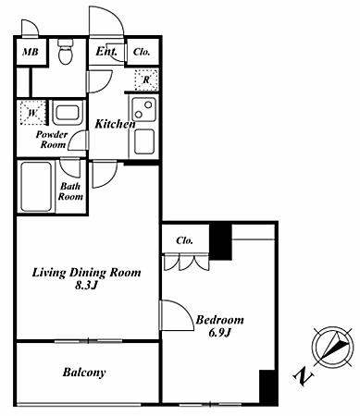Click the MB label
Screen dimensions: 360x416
31,52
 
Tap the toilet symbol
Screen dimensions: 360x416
66,52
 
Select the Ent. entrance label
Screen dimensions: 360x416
106,51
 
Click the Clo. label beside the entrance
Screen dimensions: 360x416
142,52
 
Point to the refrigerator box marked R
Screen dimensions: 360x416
146,80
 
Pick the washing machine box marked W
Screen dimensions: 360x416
32,113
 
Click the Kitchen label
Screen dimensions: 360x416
115,124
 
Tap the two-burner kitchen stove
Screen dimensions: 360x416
143,109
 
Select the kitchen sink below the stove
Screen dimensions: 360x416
144,141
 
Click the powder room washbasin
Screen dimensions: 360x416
68,113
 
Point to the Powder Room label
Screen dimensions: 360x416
52,140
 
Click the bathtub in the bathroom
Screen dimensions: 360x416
36,187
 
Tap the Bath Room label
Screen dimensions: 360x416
70,191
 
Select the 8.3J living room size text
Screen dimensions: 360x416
86,286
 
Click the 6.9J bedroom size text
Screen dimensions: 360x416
220,333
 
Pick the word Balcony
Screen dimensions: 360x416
84,373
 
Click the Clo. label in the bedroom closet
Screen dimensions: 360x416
185,240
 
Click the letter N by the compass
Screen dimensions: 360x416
303,376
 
